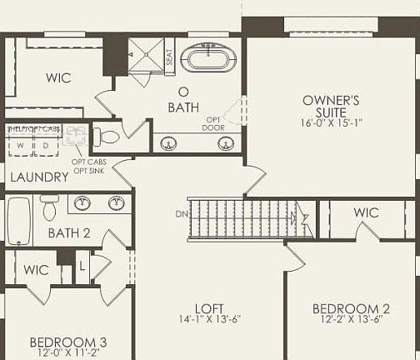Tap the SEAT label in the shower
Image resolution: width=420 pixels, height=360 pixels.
169,57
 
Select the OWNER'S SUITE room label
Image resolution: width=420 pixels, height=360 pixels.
331,106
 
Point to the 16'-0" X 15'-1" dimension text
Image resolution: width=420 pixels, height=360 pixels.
331,122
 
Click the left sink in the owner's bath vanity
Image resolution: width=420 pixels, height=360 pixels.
169,143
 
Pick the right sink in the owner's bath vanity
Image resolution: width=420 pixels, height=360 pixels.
225,143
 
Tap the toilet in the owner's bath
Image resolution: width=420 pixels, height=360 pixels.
107,135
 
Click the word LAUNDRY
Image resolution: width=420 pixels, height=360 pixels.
38,177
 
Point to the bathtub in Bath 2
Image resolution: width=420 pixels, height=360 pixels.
19,219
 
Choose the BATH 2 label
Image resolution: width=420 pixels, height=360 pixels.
68,233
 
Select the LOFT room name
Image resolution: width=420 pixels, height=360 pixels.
209,307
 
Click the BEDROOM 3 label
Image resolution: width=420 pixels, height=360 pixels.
67,342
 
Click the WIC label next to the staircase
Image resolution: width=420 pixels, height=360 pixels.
366,212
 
